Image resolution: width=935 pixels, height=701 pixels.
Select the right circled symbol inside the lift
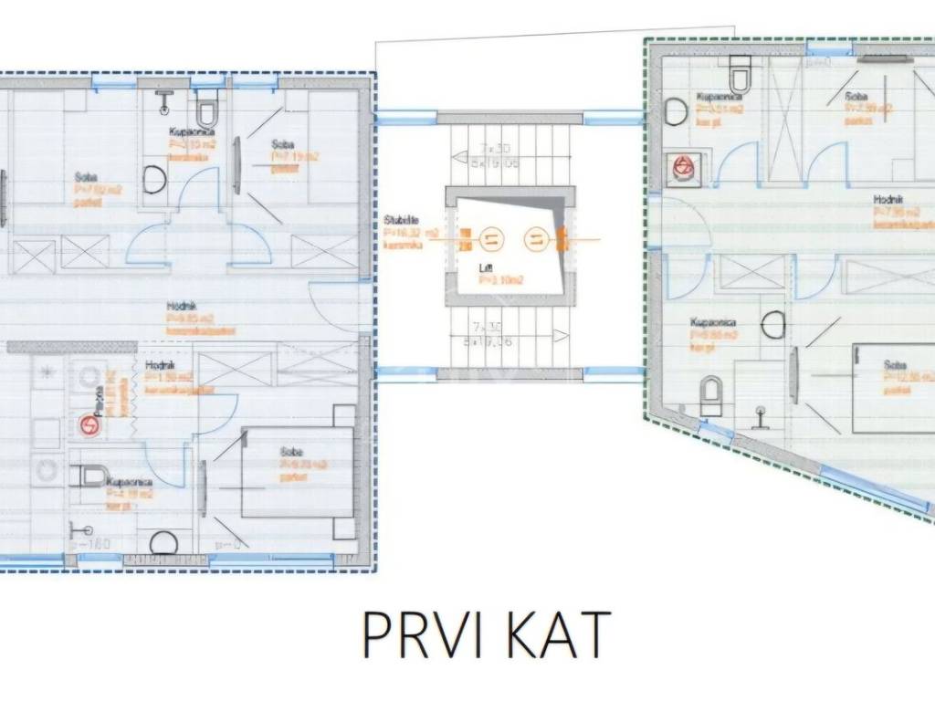(x=536, y=239)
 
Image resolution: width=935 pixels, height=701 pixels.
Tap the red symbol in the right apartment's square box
(x=682, y=168)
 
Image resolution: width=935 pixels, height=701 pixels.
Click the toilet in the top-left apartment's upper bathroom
(x=208, y=111)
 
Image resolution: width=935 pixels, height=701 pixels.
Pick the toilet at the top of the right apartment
(x=740, y=76)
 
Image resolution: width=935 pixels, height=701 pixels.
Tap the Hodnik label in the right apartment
(x=888, y=199)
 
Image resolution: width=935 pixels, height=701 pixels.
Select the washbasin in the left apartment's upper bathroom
(x=154, y=180)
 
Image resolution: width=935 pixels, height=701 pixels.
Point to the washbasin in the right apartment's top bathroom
(x=677, y=111)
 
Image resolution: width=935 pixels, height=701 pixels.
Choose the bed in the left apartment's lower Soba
(x=297, y=472)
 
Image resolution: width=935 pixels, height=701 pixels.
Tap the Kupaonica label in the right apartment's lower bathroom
(x=713, y=322)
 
